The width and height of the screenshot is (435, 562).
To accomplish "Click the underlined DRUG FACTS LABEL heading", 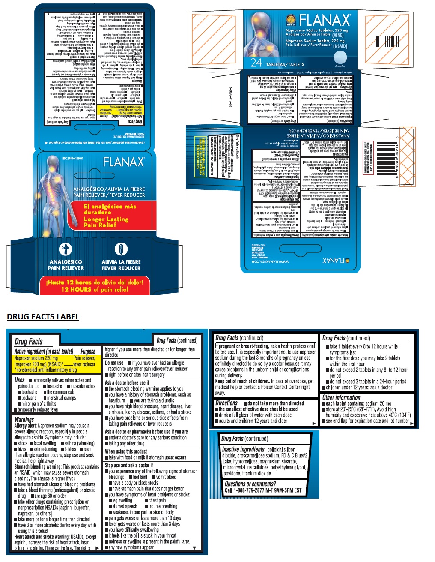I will (x=43, y=317).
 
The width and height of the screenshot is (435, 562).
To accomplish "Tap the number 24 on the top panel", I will (x=256, y=63).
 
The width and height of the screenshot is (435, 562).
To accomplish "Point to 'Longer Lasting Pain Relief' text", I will (x=106, y=222).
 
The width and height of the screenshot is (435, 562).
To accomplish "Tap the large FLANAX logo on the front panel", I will (x=123, y=162).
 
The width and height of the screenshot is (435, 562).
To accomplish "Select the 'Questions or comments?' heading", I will (x=250, y=484).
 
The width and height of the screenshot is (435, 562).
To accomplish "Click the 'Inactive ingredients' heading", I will (x=243, y=449).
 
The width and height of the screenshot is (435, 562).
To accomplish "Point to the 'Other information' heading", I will (x=341, y=397).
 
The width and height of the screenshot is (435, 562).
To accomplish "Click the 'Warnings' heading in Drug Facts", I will (x=24, y=419).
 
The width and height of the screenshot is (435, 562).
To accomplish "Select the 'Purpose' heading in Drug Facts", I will (x=88, y=351).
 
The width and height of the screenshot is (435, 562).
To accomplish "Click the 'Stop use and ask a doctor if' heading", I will (x=128, y=465).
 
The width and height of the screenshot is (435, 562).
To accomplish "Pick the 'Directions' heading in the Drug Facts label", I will (x=226, y=403).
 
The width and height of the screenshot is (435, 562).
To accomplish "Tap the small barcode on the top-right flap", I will (x=388, y=41).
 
